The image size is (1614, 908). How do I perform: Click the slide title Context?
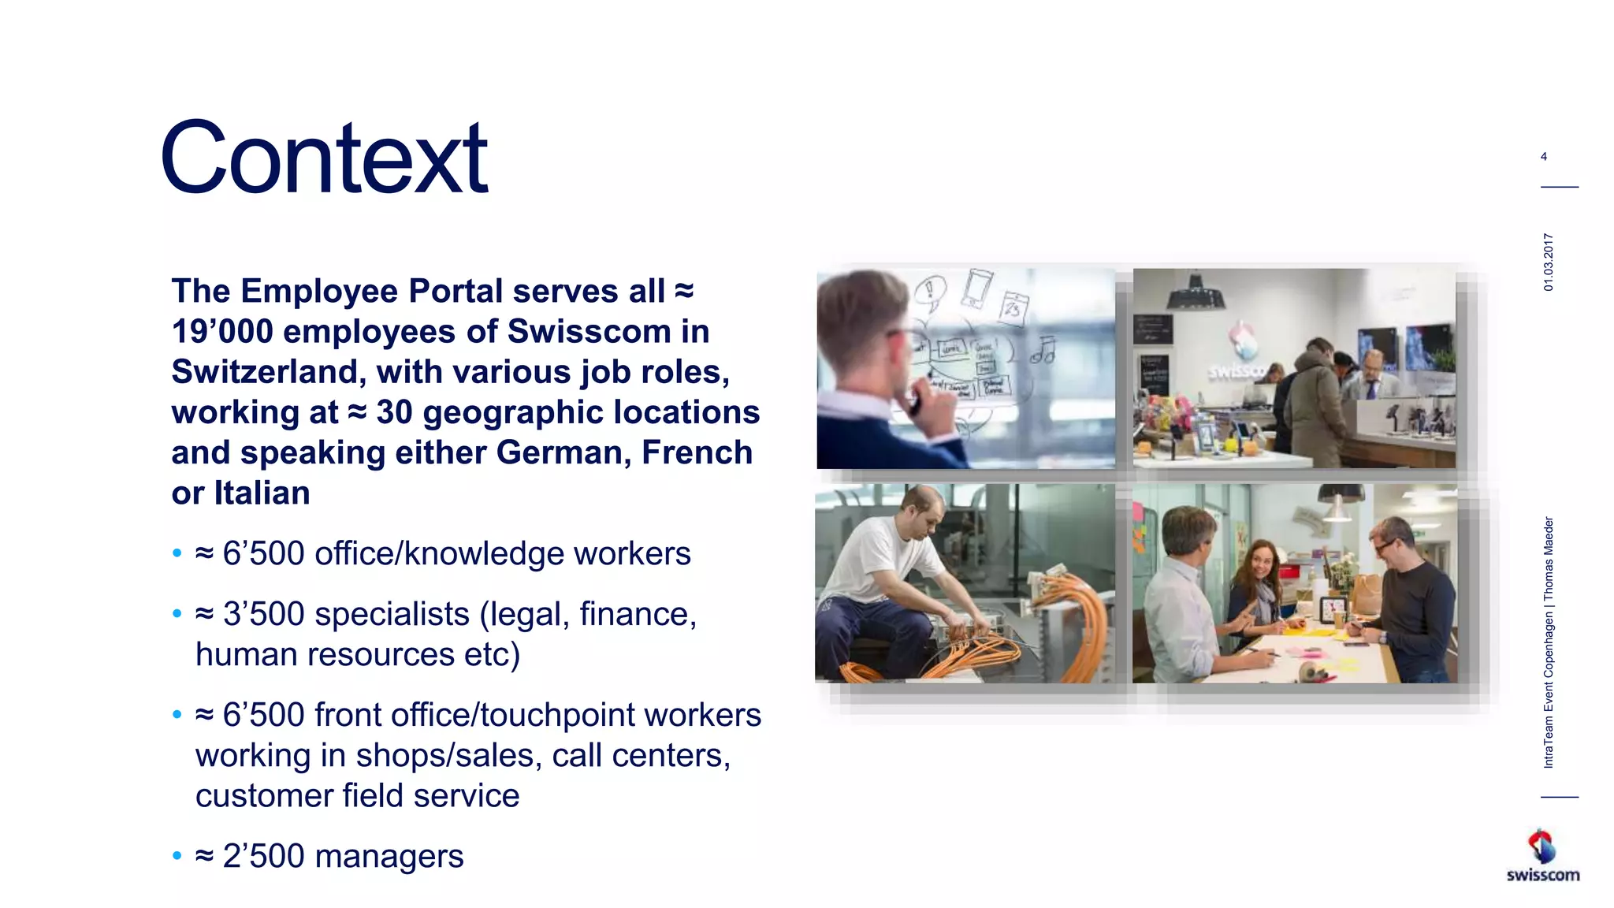324,158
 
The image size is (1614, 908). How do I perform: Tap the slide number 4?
1544,157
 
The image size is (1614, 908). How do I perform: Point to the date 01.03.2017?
1549,262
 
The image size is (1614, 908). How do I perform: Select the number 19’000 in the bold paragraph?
223,332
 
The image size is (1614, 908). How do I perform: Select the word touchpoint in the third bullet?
557,716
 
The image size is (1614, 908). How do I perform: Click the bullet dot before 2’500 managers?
177,857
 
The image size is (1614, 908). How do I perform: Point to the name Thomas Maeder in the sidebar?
1549,557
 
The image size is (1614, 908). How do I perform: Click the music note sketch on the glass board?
1044,351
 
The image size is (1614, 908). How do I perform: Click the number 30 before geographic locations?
394,413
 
